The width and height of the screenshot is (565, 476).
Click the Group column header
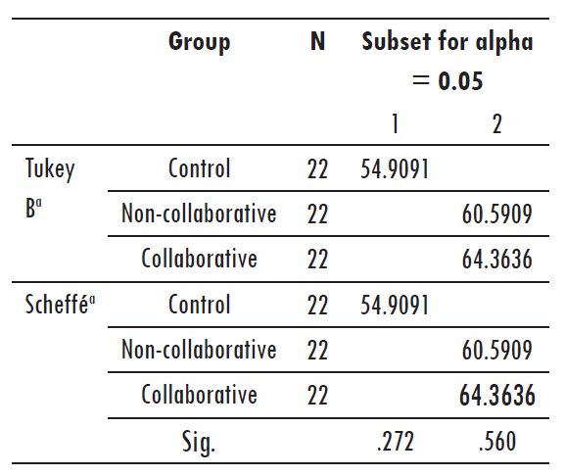click(199, 42)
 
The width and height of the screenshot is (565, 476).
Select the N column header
click(317, 42)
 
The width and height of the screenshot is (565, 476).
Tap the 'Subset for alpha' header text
click(447, 42)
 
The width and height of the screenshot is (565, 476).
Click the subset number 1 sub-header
click(395, 124)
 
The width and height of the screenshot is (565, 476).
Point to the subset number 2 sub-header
click(496, 124)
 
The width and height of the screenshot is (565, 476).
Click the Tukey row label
click(50, 168)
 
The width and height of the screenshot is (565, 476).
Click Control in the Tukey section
click(199, 168)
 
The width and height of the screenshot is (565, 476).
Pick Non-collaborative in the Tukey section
click(199, 214)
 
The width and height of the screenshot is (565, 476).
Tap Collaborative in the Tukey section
click(199, 259)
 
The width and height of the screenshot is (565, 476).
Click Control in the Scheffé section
click(199, 304)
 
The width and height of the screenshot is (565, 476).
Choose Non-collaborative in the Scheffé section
click(199, 350)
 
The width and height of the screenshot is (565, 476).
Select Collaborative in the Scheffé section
click(199, 395)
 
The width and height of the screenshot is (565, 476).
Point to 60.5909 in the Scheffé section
click(496, 351)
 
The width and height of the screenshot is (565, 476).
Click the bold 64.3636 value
click(496, 396)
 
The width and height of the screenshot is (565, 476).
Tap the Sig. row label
click(199, 442)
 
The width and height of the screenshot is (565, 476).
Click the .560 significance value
click(497, 442)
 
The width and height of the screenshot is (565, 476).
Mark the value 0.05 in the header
click(460, 81)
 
